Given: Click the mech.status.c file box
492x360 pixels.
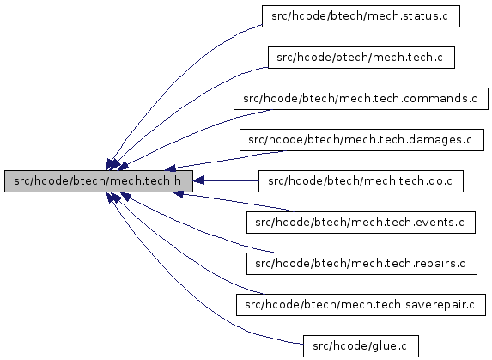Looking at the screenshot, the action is coord(361,16).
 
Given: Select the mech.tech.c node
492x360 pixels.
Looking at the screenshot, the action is coord(361,58).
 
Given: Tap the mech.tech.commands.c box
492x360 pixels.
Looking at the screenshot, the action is coord(361,99).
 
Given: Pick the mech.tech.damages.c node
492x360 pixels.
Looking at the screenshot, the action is coord(361,140).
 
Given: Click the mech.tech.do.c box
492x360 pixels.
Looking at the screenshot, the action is coord(361,181).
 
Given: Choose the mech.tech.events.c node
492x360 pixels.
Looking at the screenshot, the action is coord(361,223).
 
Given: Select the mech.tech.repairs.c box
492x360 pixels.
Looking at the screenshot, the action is coord(361,264).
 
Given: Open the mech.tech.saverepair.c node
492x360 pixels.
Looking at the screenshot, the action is coord(361,305).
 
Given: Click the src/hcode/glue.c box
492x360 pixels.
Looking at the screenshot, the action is coord(361,346).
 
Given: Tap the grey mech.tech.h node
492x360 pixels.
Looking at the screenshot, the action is coord(99,181).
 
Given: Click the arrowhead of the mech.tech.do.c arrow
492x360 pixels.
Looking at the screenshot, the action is coord(198,180).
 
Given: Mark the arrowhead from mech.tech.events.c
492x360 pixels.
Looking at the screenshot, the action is coord(179,194).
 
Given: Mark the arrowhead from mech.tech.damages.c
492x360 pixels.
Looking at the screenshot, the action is coord(171,168).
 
